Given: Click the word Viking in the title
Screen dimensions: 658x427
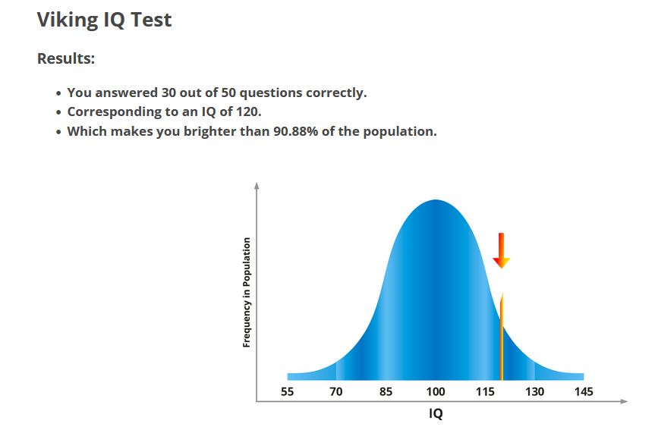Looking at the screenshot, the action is [67, 20].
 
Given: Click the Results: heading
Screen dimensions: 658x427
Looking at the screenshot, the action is [66, 58].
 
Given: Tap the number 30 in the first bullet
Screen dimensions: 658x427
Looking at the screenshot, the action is [169, 93].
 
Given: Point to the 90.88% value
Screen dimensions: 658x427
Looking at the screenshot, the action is [296, 131].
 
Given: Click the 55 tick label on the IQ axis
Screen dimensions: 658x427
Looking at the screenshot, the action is [287, 392].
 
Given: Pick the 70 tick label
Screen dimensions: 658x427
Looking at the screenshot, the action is [335, 392].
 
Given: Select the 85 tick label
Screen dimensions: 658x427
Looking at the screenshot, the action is [386, 392].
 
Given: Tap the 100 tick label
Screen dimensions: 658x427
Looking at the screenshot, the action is [436, 392].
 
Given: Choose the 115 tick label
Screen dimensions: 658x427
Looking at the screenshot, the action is [485, 392].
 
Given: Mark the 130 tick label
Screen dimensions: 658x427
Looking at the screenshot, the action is [534, 392].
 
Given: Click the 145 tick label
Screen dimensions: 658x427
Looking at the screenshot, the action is [584, 392].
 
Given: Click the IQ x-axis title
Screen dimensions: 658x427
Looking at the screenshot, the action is [436, 413].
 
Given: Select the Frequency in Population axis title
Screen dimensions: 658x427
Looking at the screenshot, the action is [247, 292].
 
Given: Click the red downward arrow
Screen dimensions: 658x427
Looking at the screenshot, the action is [501, 250].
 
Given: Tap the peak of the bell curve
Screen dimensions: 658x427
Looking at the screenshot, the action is [436, 200].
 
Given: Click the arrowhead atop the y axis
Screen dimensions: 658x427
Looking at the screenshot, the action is [257, 185].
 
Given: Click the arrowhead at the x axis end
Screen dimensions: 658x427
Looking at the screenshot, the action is [625, 401].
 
